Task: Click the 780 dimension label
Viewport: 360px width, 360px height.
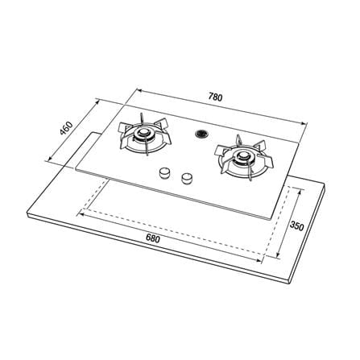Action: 215,97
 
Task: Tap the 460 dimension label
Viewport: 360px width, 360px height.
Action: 66,128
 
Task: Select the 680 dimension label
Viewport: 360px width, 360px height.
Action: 152,238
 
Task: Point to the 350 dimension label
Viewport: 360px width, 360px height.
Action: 296,226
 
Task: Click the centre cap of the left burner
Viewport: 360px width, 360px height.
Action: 143,132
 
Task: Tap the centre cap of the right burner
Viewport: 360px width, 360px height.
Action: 243,155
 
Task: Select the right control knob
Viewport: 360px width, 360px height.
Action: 187,179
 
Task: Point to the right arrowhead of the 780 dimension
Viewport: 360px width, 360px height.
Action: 304,123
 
